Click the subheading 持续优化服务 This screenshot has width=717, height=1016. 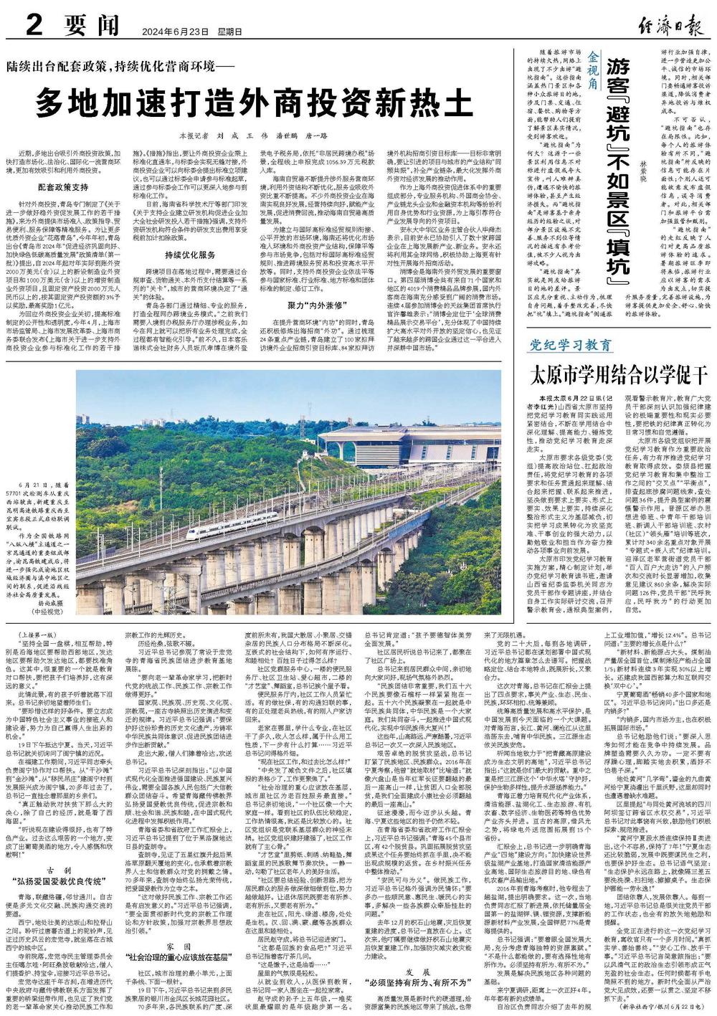tap(189, 255)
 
